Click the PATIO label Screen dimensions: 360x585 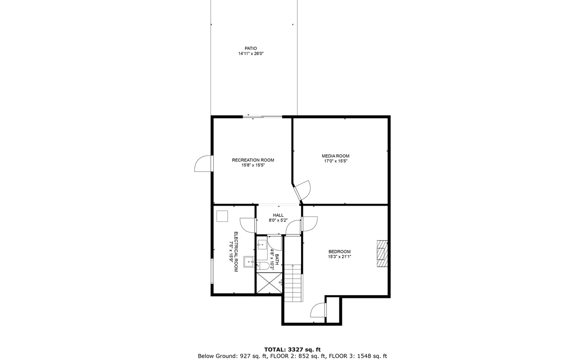pos(251,48)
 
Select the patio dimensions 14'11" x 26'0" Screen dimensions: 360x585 pos(251,54)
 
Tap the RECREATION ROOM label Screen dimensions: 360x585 pos(253,160)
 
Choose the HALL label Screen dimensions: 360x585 pos(278,215)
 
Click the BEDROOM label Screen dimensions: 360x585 pos(339,252)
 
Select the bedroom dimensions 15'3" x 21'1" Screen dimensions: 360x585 pos(339,257)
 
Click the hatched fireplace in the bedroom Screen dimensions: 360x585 pos(382,254)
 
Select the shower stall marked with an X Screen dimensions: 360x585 pos(269,283)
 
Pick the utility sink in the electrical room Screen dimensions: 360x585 pos(249,261)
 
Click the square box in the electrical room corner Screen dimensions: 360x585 pos(222,216)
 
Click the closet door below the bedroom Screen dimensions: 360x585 pos(319,310)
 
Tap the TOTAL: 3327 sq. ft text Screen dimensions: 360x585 pos(292,349)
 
